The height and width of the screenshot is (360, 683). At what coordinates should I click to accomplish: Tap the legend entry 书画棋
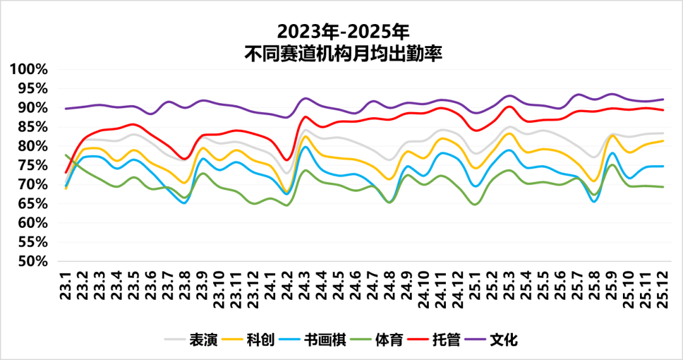[323, 340]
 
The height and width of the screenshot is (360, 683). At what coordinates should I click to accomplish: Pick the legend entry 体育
[388, 340]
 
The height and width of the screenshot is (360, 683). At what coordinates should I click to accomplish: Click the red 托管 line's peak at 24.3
[305, 116]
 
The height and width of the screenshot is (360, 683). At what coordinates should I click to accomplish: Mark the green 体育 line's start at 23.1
[66, 155]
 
